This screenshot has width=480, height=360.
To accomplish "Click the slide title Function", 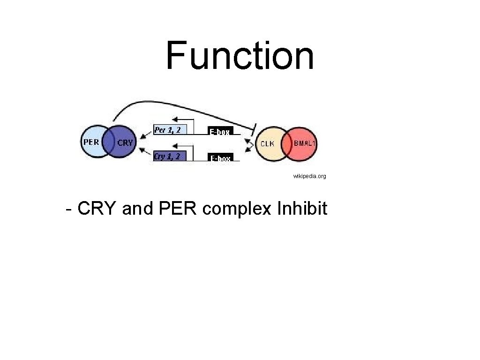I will (240, 55).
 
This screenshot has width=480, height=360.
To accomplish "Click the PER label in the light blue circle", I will (91, 142).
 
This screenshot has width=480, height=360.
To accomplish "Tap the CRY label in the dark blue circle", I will (125, 142).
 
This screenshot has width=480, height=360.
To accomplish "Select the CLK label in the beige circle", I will (267, 143).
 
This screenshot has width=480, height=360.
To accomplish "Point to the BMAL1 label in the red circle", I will (304, 143).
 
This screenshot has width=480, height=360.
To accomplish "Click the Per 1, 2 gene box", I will (167, 129).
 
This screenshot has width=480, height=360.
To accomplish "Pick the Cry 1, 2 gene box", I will (167, 156).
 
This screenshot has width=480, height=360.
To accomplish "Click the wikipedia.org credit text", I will (309, 176).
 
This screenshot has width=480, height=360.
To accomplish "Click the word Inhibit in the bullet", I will (302, 208).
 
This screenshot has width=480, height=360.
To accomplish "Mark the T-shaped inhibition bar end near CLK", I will (253, 127).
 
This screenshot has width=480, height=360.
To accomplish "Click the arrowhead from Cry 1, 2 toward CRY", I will (142, 150).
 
